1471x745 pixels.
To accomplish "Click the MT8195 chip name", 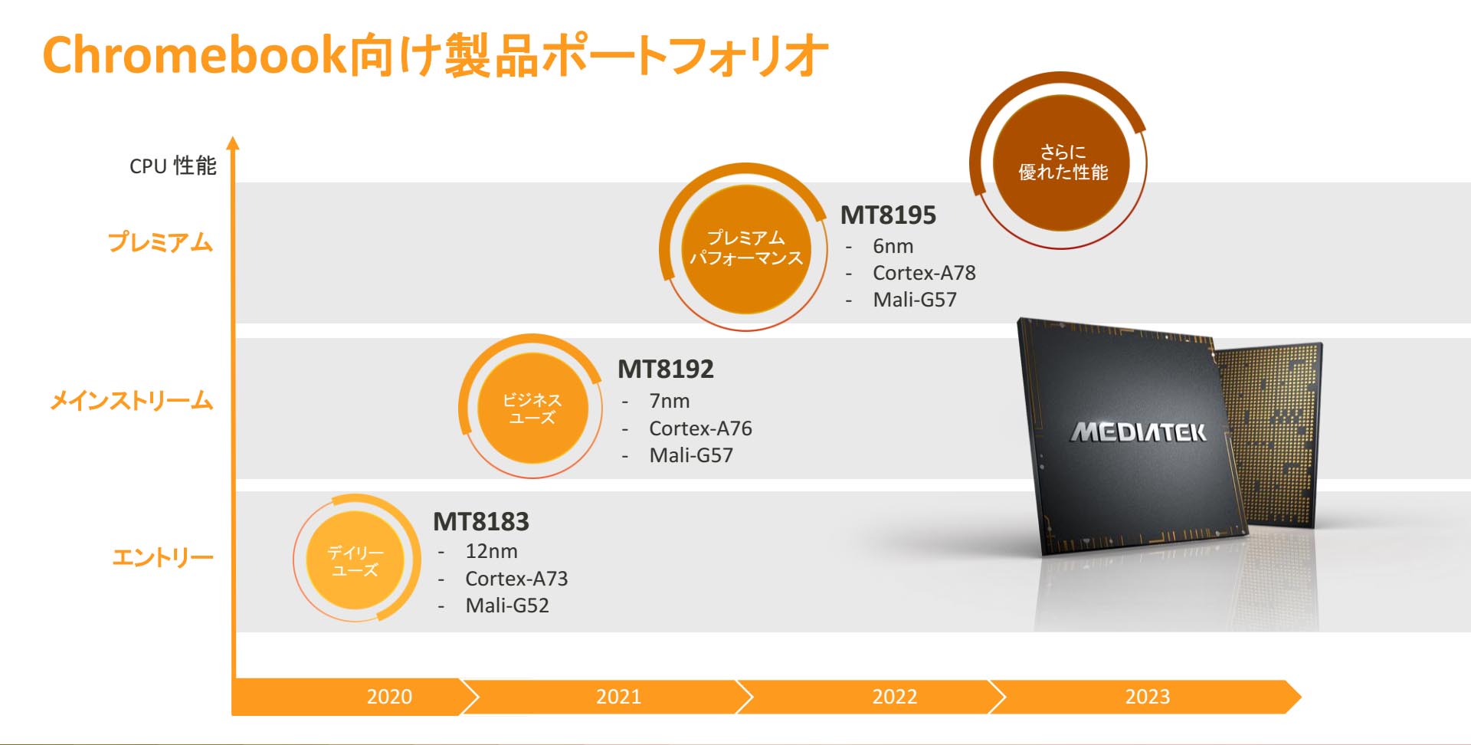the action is (x=888, y=215).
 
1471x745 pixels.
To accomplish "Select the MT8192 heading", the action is (x=666, y=369).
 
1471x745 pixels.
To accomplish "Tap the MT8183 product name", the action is (x=481, y=522).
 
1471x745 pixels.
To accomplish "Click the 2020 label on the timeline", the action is (x=389, y=697).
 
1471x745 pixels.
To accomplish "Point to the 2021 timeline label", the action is (x=619, y=697).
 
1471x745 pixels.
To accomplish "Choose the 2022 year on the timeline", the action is (x=895, y=697).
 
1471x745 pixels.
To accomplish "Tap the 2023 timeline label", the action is (x=1148, y=697).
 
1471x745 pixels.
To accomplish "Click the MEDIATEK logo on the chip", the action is (x=1138, y=433).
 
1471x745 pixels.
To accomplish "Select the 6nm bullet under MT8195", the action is (x=893, y=247).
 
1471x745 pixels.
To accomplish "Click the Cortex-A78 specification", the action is (x=924, y=273).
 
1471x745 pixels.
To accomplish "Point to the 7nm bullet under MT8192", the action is (x=670, y=401).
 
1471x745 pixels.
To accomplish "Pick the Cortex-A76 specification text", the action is (x=700, y=428).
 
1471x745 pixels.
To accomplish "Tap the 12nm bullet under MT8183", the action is (x=491, y=551).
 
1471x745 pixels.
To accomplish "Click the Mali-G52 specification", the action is (x=507, y=606).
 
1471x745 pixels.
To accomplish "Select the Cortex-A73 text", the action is (x=516, y=579).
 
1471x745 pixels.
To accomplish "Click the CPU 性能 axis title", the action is (x=173, y=166).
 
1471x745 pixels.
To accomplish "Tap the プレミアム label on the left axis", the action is (x=160, y=242).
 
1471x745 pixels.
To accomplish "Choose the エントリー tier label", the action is (x=162, y=557).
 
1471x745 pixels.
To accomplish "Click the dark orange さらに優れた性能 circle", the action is (x=1062, y=162).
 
